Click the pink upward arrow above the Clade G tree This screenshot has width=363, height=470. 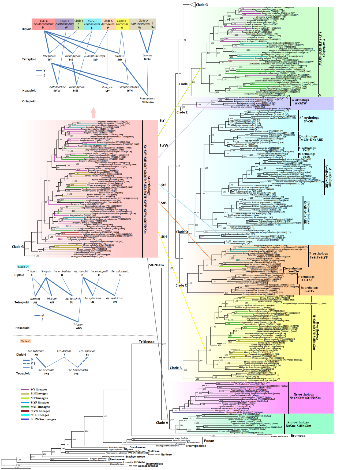click(x=93, y=113)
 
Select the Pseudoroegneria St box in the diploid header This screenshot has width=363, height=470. click(x=43, y=24)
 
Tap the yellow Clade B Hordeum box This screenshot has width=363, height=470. click(x=122, y=24)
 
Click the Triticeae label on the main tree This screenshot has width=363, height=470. click(x=147, y=342)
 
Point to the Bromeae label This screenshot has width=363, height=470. click(x=298, y=436)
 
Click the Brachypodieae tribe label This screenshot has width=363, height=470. click(x=196, y=446)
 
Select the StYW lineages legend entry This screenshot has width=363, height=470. click(x=40, y=411)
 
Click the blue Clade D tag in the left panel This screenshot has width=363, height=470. click(x=23, y=267)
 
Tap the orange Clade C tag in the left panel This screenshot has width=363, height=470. click(x=25, y=341)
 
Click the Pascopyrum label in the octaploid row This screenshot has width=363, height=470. click(x=147, y=98)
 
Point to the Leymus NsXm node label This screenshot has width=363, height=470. click(x=147, y=57)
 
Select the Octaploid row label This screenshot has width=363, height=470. click(x=29, y=101)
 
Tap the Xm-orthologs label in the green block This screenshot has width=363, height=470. click(x=298, y=422)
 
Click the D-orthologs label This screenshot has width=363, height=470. click(x=308, y=136)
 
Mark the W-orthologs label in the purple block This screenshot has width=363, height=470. click(x=300, y=100)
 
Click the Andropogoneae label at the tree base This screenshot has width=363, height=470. click(x=148, y=466)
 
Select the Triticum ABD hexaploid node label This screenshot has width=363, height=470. click(x=78, y=326)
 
